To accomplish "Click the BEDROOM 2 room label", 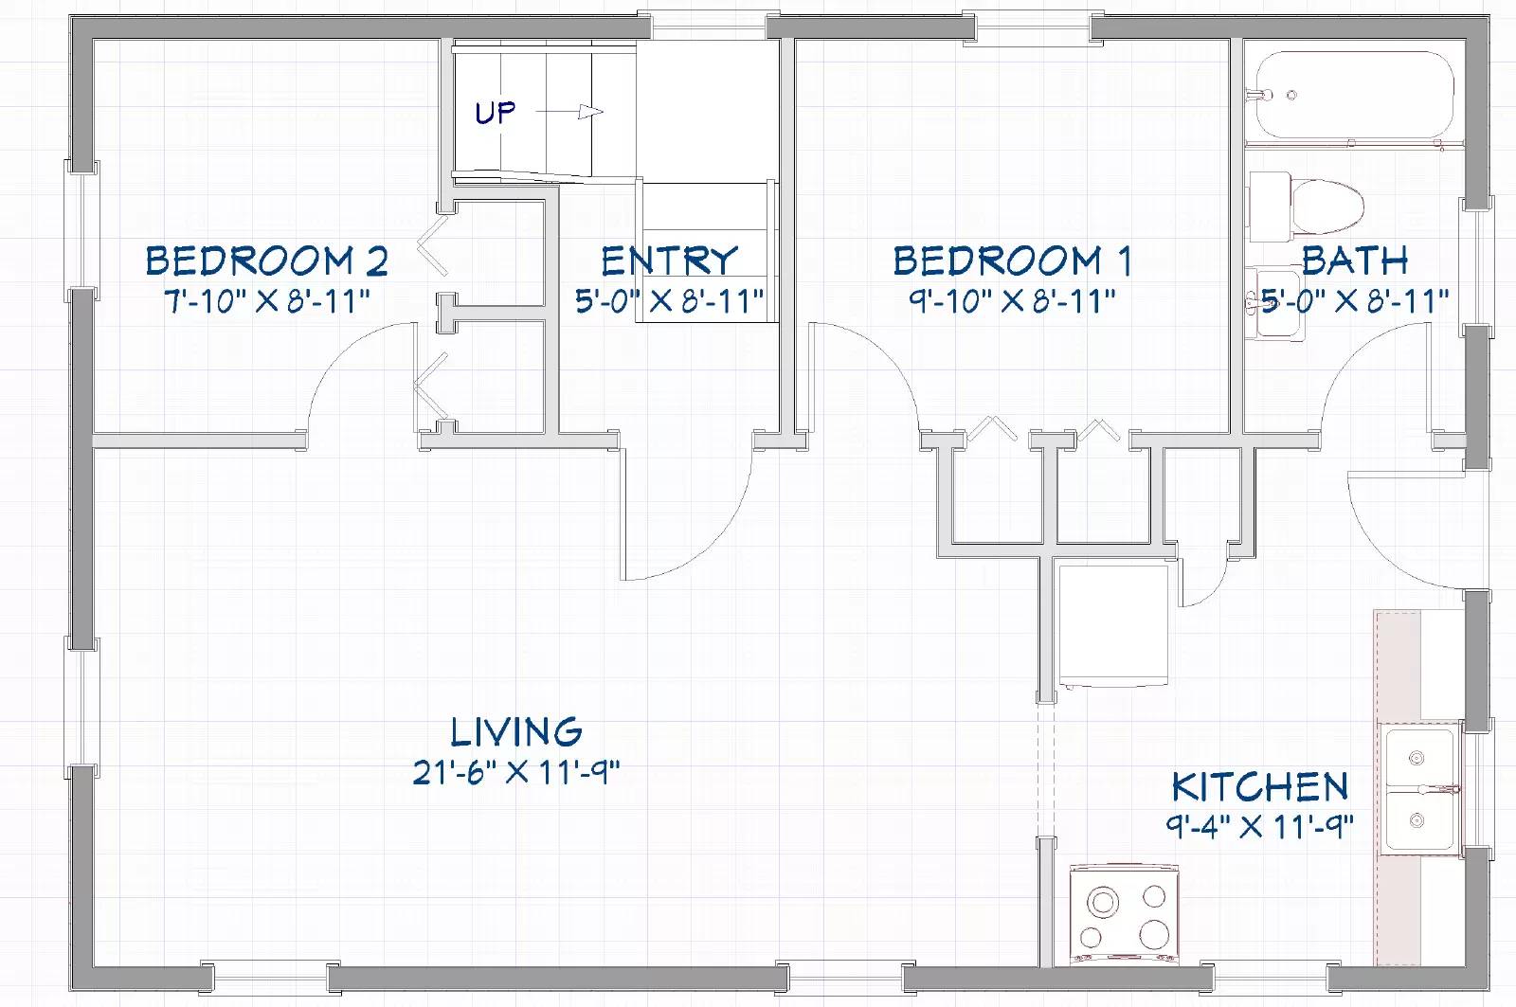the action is click(267, 261).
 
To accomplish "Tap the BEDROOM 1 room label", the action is click(1013, 261).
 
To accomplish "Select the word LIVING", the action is click(516, 731).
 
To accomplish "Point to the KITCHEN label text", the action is click(1260, 786).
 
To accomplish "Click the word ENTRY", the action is click(669, 261).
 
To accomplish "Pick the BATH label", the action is click(1355, 261).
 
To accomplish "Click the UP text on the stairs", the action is click(496, 113).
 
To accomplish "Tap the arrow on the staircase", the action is click(569, 112).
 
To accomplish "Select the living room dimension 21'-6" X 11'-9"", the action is click(516, 772).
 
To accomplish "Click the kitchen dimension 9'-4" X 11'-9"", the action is click(1259, 826).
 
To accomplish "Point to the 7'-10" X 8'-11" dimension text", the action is click(267, 301).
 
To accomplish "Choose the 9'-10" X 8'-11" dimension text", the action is click(1013, 301).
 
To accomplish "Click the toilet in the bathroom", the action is click(1307, 207).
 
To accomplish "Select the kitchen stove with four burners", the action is click(1124, 914).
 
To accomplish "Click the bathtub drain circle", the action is click(1291, 96).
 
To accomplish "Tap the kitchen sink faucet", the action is click(1439, 789).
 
